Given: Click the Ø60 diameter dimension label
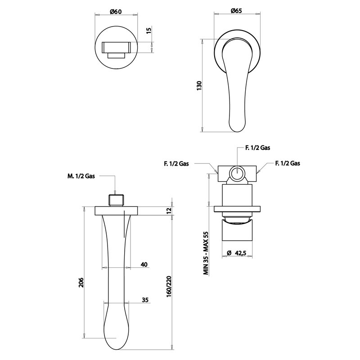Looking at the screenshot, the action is tap(116, 11).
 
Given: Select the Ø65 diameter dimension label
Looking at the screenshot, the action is tap(237, 10).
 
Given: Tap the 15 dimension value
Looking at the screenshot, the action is tap(149, 31).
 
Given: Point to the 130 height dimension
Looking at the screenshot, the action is tap(199, 85).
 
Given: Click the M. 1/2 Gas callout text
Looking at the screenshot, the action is tap(81, 176).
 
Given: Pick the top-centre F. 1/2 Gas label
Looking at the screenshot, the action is tap(257, 148).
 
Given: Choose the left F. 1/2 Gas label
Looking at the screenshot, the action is tap(176, 163).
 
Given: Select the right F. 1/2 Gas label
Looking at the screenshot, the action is tap(288, 163).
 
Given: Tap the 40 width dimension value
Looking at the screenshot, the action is tap(144, 265).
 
